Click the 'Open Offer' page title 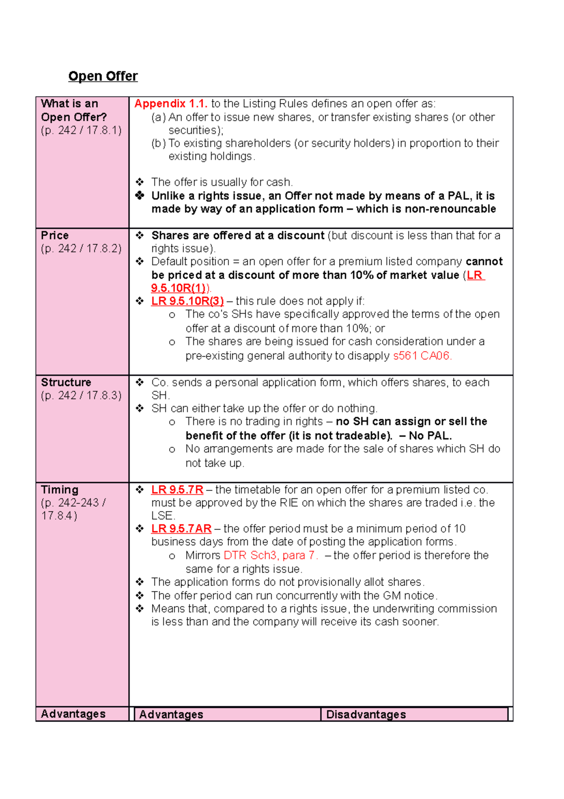coord(103,76)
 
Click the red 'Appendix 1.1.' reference coord(171,104)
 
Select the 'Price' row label coord(55,236)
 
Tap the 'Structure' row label coord(66,383)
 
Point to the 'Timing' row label coord(60,490)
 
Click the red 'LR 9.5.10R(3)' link coord(187,301)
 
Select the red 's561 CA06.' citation coord(422,356)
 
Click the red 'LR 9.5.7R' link coord(177,490)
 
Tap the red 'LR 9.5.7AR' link coord(181,529)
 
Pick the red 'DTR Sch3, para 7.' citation coord(271,556)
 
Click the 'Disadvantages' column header coord(366,715)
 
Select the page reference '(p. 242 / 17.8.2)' coord(81,249)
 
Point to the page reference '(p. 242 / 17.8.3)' coord(81,396)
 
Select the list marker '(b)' coord(158,144)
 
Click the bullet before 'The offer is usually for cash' coord(140,182)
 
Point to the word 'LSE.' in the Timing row coord(163,516)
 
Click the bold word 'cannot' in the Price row coord(484,262)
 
